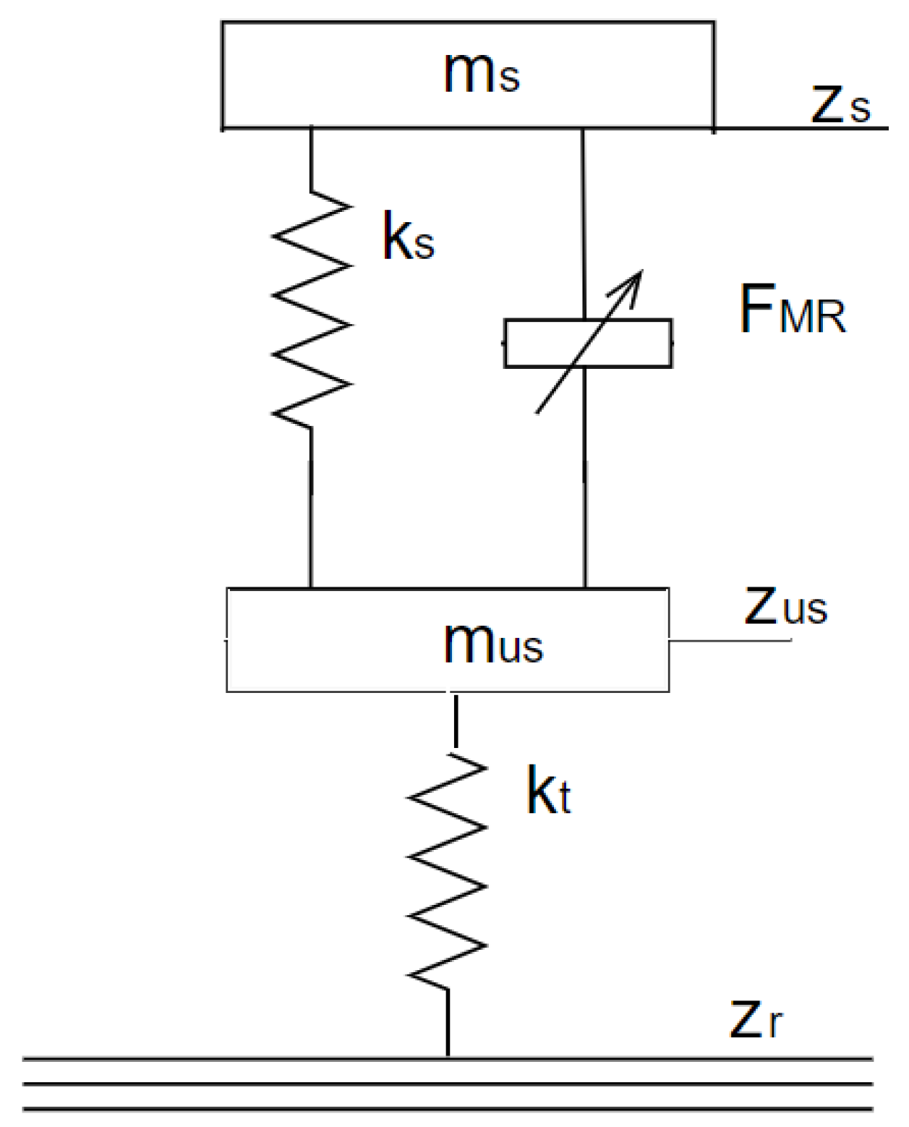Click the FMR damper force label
point(792,310)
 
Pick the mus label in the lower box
point(492,642)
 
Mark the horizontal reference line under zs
point(803,129)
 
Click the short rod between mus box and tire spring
point(455,720)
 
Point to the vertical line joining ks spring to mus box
point(311,506)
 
